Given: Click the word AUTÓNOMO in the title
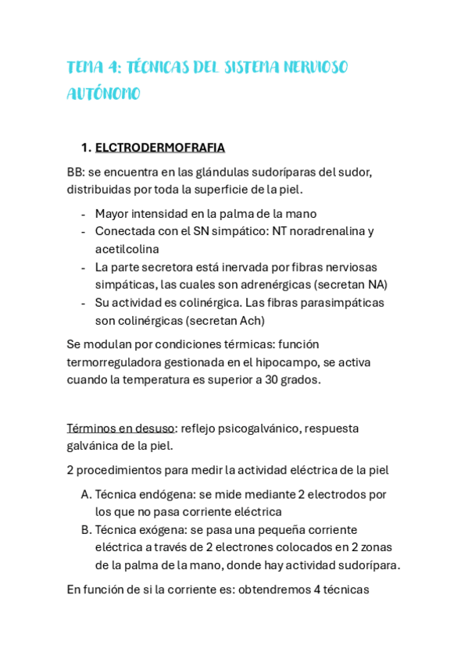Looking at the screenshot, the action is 103,94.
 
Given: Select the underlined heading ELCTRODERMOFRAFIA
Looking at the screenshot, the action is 160,148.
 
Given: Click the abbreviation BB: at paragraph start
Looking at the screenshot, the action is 76,172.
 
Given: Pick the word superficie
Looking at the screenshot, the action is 217,189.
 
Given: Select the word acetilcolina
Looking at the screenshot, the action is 127,249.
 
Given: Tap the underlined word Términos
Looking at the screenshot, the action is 92,428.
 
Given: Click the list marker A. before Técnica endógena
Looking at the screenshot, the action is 86,494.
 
